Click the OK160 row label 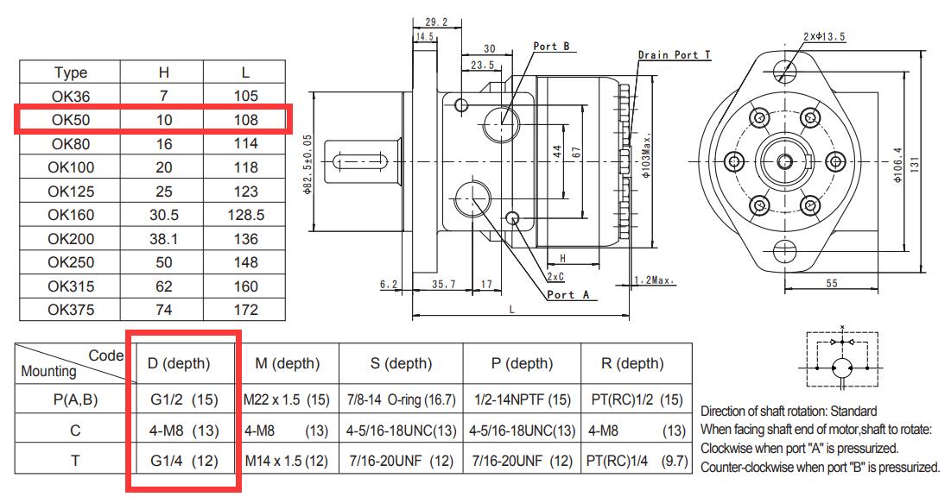click(x=71, y=215)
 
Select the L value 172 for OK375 click(x=245, y=311)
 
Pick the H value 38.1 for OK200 click(x=164, y=239)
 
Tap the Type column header click(x=71, y=72)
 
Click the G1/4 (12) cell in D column click(x=184, y=462)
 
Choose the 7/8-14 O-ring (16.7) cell click(x=401, y=400)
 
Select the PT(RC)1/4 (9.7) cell click(x=637, y=462)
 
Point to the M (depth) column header click(x=288, y=363)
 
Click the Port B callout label click(x=551, y=47)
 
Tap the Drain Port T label click(x=674, y=55)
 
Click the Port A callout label click(x=567, y=295)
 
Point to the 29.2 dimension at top click(x=436, y=22)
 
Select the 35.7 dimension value click(x=443, y=284)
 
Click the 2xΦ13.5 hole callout click(x=824, y=37)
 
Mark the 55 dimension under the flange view click(x=832, y=284)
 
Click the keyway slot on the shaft click(x=361, y=162)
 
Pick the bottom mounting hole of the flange click(x=785, y=249)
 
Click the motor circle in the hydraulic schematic click(x=842, y=368)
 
